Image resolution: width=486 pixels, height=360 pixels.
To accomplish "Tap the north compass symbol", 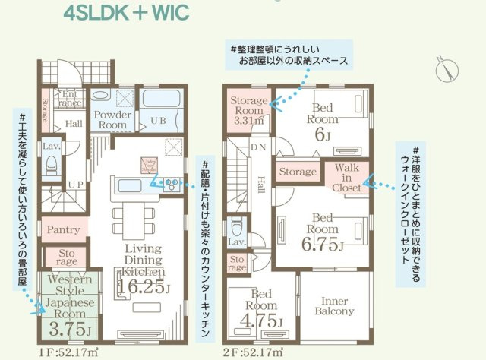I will click(445, 69).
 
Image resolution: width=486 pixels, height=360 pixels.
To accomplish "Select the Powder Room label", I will click(113, 119).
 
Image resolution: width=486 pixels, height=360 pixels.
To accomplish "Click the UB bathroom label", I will click(157, 120).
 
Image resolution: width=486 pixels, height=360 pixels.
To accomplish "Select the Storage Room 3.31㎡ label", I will click(248, 110).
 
